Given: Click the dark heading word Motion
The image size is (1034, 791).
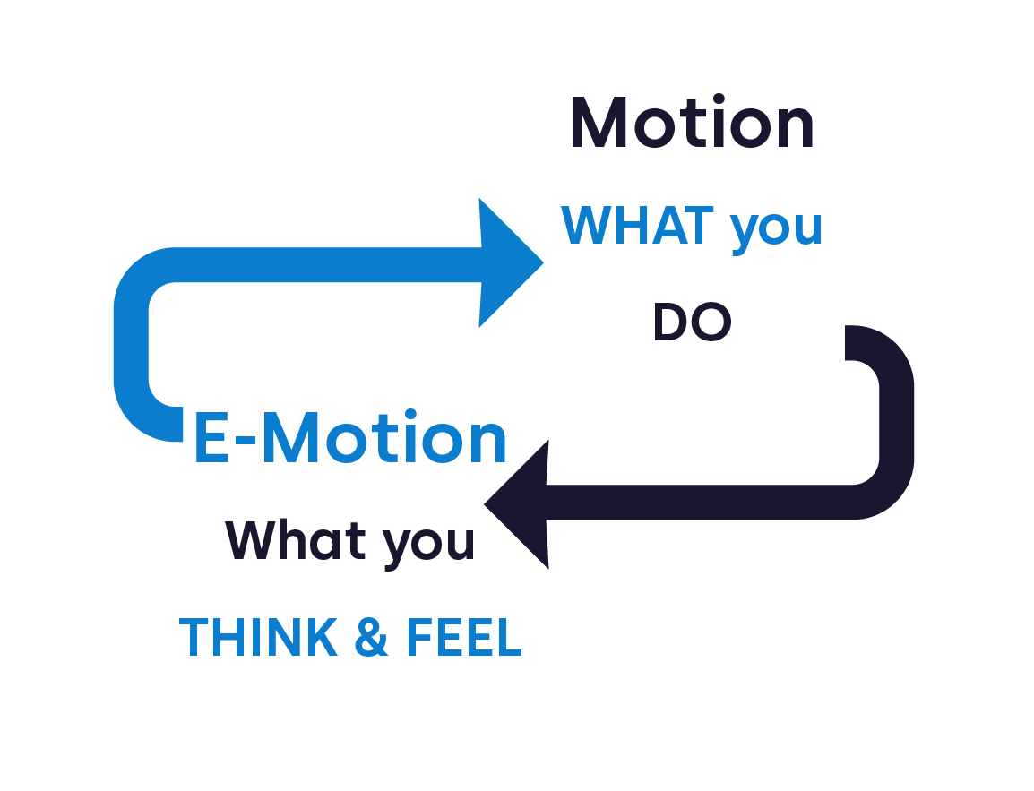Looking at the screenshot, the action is pyautogui.click(x=693, y=122).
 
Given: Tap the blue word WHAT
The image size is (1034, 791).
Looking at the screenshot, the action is pyautogui.click(x=637, y=226).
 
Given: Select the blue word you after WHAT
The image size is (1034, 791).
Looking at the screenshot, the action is pyautogui.click(x=776, y=231).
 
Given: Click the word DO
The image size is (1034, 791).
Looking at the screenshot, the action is pyautogui.click(x=693, y=322).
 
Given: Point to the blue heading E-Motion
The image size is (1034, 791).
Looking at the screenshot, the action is pyautogui.click(x=350, y=437).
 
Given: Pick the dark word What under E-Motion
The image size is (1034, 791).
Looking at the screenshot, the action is pyautogui.click(x=296, y=539).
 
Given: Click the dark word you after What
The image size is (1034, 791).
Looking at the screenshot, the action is pyautogui.click(x=428, y=546).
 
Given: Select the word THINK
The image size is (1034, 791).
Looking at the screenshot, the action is pyautogui.click(x=258, y=638).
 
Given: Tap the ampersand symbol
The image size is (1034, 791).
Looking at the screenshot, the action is pyautogui.click(x=371, y=638).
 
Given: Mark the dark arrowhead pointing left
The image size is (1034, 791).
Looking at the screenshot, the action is pyautogui.click(x=516, y=504).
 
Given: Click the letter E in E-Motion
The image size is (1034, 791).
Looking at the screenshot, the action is pyautogui.click(x=211, y=437).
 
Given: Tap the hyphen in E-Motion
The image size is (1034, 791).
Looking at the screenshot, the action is pyautogui.click(x=246, y=441).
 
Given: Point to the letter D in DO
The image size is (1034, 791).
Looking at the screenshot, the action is pyautogui.click(x=670, y=322).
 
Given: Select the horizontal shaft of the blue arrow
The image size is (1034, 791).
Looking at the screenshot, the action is pyautogui.click(x=329, y=265).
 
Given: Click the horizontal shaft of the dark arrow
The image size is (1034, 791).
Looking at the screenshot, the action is pyautogui.click(x=699, y=503).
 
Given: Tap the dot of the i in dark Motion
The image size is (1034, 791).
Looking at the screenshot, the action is pyautogui.click(x=719, y=99).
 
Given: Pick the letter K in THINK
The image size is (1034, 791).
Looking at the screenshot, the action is pyautogui.click(x=323, y=638).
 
